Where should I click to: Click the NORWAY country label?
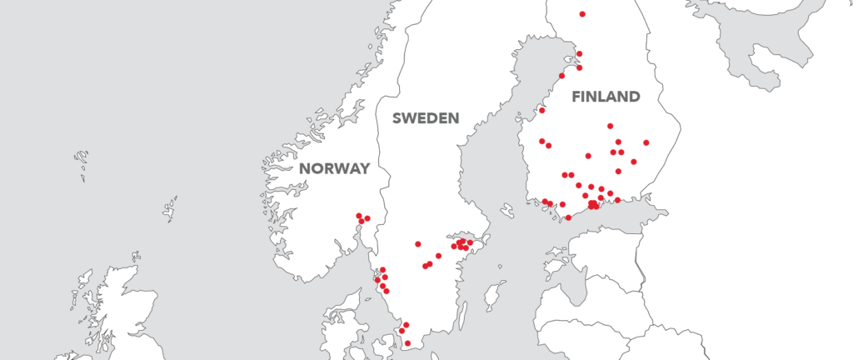pos(334,168)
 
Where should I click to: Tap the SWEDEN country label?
pos(426,118)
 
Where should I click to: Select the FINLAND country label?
pos(606,97)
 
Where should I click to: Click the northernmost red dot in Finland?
pos(582,14)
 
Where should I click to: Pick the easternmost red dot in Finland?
pos(646,142)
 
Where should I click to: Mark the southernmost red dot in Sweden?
pos(407,343)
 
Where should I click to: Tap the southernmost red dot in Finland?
pos(568,217)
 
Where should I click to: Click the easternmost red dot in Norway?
pos(367,218)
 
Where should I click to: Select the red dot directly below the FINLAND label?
pos(610,126)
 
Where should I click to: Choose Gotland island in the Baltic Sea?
pos(494,293)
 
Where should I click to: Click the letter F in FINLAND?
pos(576,97)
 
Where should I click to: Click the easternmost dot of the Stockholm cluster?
pos(471,242)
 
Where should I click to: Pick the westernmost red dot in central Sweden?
pos(418,244)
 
